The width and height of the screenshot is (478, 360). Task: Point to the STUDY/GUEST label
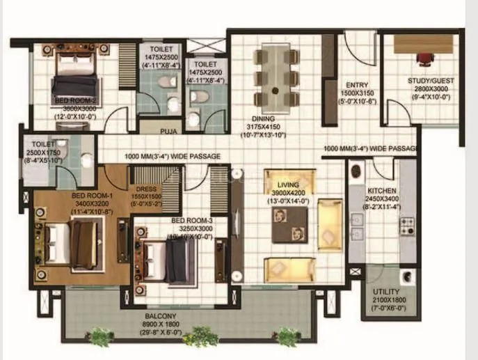(431, 81)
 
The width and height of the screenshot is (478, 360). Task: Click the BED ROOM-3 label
(191, 221)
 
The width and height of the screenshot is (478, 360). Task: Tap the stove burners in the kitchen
(406, 226)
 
